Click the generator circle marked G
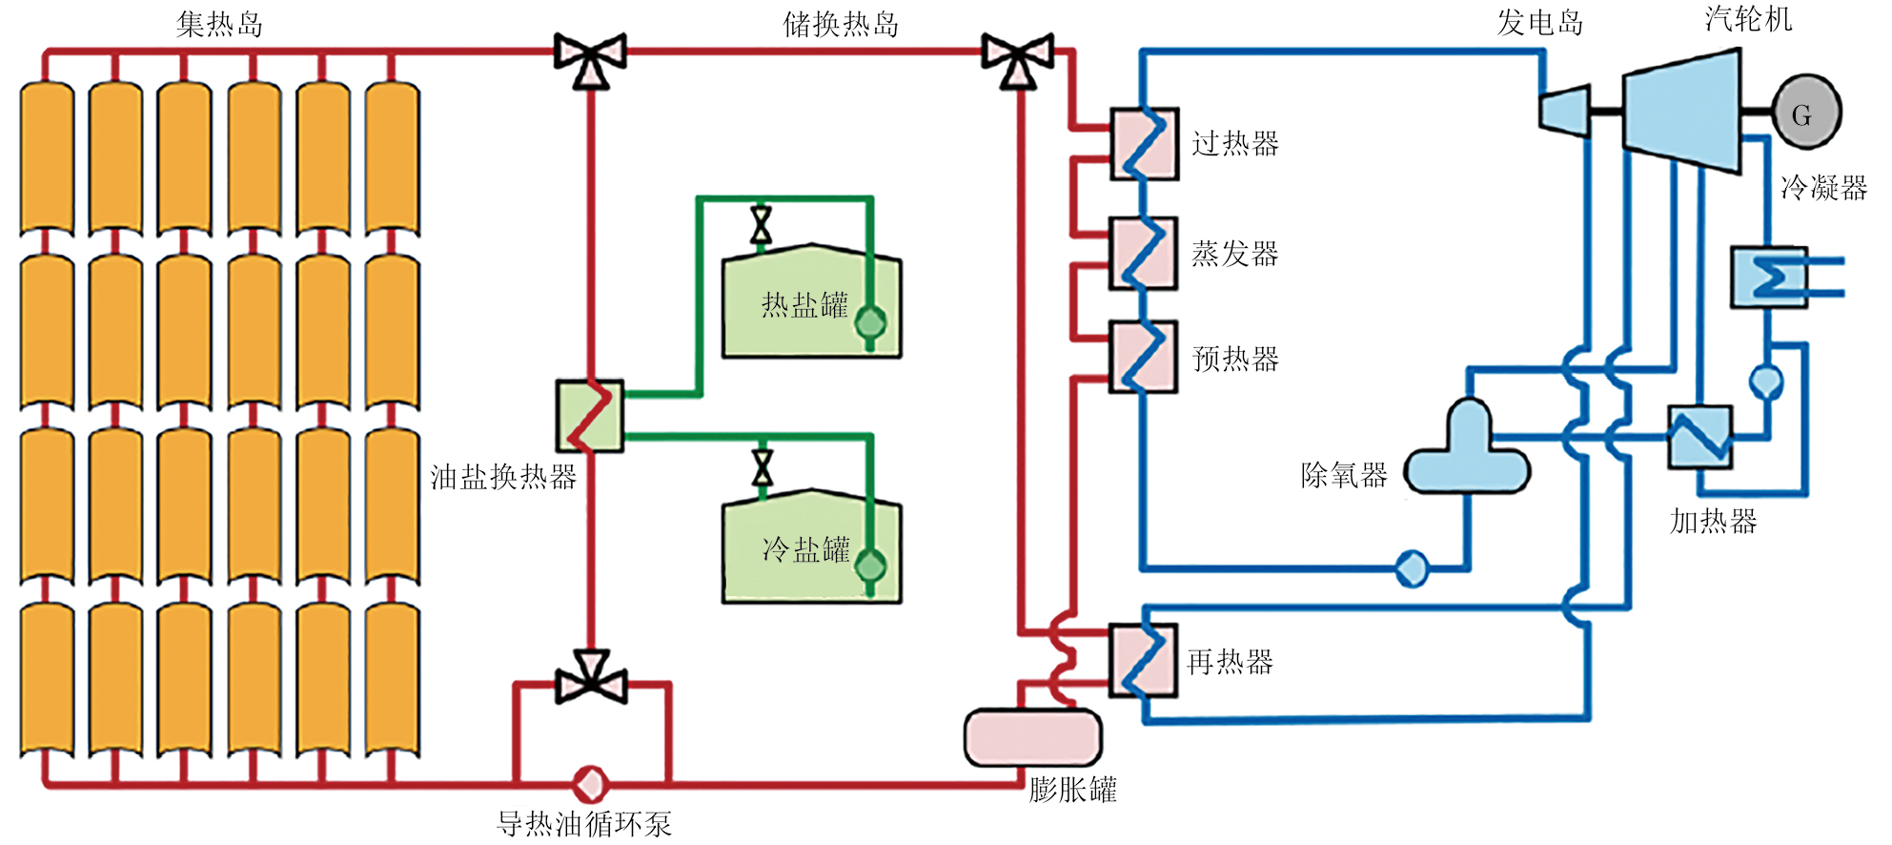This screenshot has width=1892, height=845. (x=1806, y=113)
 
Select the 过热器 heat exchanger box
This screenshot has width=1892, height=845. (x=1145, y=144)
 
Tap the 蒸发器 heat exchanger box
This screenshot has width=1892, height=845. (x=1144, y=253)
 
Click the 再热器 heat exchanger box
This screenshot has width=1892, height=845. (x=1144, y=661)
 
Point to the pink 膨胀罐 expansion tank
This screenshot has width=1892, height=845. (x=1033, y=737)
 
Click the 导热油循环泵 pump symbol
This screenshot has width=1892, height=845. (x=590, y=785)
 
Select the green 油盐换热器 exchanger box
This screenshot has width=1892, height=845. (x=590, y=416)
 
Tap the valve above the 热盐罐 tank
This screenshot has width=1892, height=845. (x=761, y=225)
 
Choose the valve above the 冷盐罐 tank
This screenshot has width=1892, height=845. (x=762, y=468)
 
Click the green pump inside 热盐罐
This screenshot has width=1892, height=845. (x=870, y=322)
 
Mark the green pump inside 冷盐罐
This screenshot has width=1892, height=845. (x=870, y=567)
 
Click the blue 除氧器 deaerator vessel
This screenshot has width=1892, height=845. (x=1468, y=453)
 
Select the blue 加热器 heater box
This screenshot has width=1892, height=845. (x=1699, y=437)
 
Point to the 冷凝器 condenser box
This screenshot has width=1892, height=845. (x=1769, y=278)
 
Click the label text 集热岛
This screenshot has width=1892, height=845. (x=219, y=24)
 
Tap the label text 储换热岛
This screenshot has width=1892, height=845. (x=841, y=24)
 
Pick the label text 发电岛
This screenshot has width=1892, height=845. (x=1540, y=22)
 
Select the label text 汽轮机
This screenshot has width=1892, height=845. (x=1748, y=19)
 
